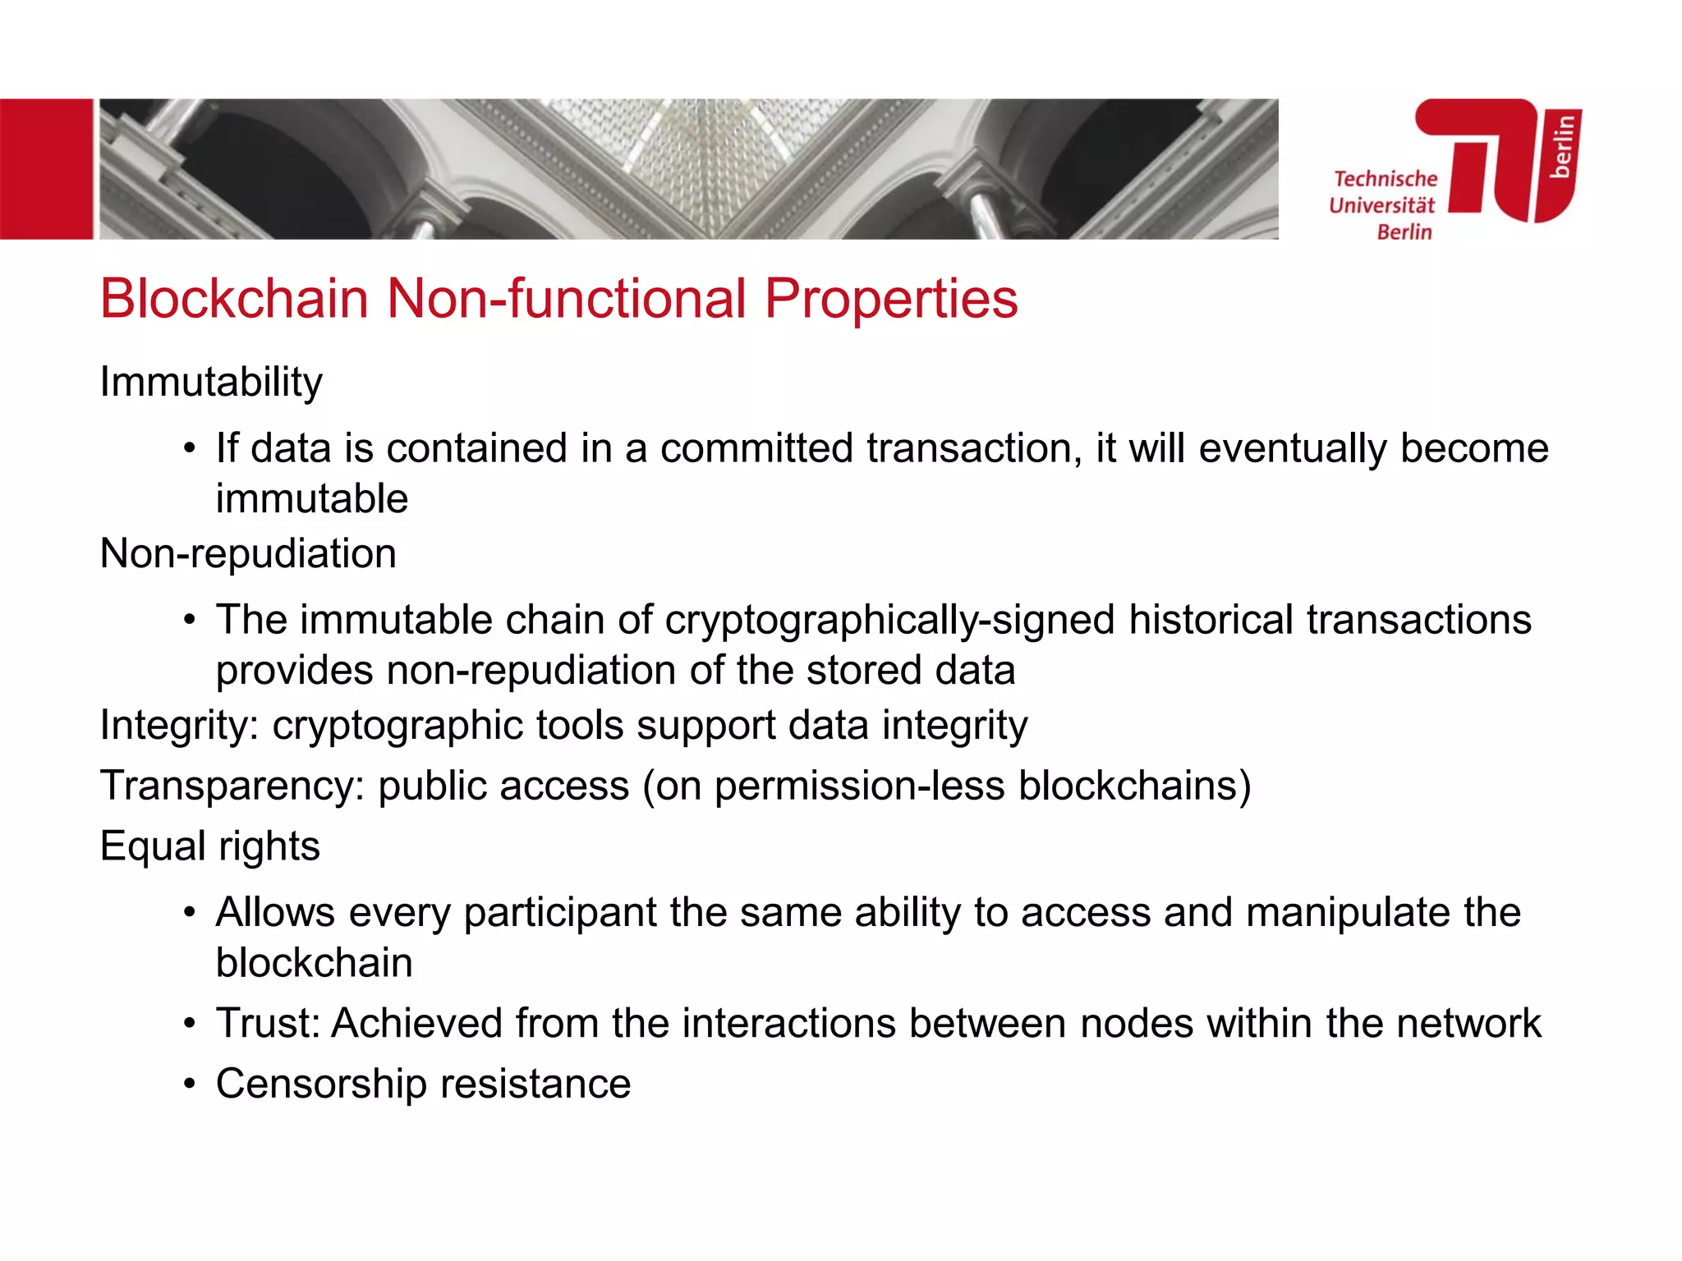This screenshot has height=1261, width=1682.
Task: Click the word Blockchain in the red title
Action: coord(234,298)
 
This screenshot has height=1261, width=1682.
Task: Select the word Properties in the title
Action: coord(891,298)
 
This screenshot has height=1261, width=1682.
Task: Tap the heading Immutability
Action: coord(211,383)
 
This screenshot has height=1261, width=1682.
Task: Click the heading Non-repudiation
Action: coord(248,553)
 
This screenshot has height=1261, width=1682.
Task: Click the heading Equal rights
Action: coord(209,846)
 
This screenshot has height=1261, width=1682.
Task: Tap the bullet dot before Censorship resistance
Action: coord(190,1084)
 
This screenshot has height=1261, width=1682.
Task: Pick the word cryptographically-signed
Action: coord(889,621)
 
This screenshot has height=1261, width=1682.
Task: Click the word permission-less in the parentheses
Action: coord(859,786)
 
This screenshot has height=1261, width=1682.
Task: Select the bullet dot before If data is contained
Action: coord(190,449)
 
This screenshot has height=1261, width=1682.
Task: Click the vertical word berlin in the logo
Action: coord(1561,145)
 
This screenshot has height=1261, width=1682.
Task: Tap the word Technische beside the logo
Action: coord(1386,179)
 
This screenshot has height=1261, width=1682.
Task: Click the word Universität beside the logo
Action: coord(1382,205)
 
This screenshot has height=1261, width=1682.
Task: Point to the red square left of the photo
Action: coord(46,169)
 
